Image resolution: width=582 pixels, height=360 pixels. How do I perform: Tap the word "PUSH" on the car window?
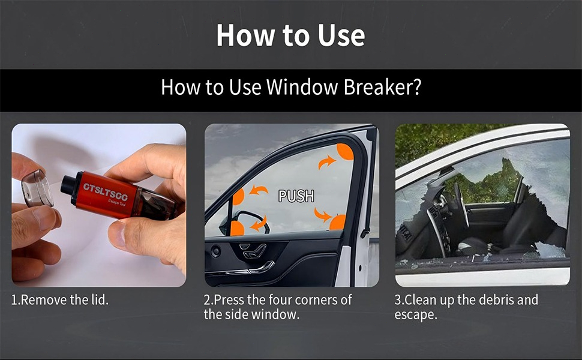296,196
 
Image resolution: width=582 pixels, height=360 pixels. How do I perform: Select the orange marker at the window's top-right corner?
345,151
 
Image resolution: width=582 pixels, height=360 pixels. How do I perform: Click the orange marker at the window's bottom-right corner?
338,223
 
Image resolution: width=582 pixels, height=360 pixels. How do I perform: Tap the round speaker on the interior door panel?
215,251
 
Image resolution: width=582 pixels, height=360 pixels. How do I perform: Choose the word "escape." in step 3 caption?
415,314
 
